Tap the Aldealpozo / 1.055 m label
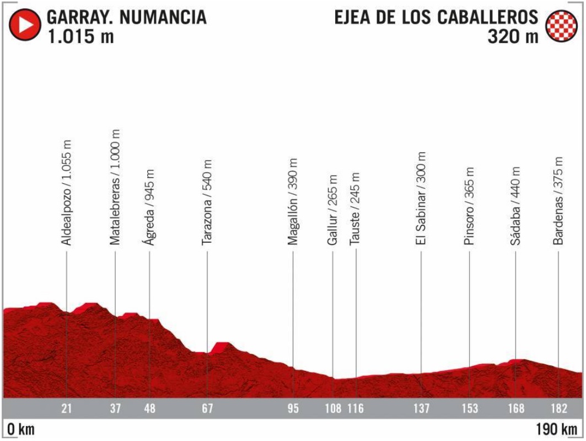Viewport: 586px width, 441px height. click(67, 193)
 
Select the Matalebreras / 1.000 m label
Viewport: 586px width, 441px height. click(115, 188)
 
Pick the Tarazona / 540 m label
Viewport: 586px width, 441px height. click(207, 202)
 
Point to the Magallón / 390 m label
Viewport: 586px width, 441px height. click(293, 202)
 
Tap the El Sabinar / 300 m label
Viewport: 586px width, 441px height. click(421, 199)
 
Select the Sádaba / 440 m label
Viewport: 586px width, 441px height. click(515, 205)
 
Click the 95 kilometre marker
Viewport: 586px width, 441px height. click(293, 409)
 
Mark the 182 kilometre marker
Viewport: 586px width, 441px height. click(558, 409)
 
